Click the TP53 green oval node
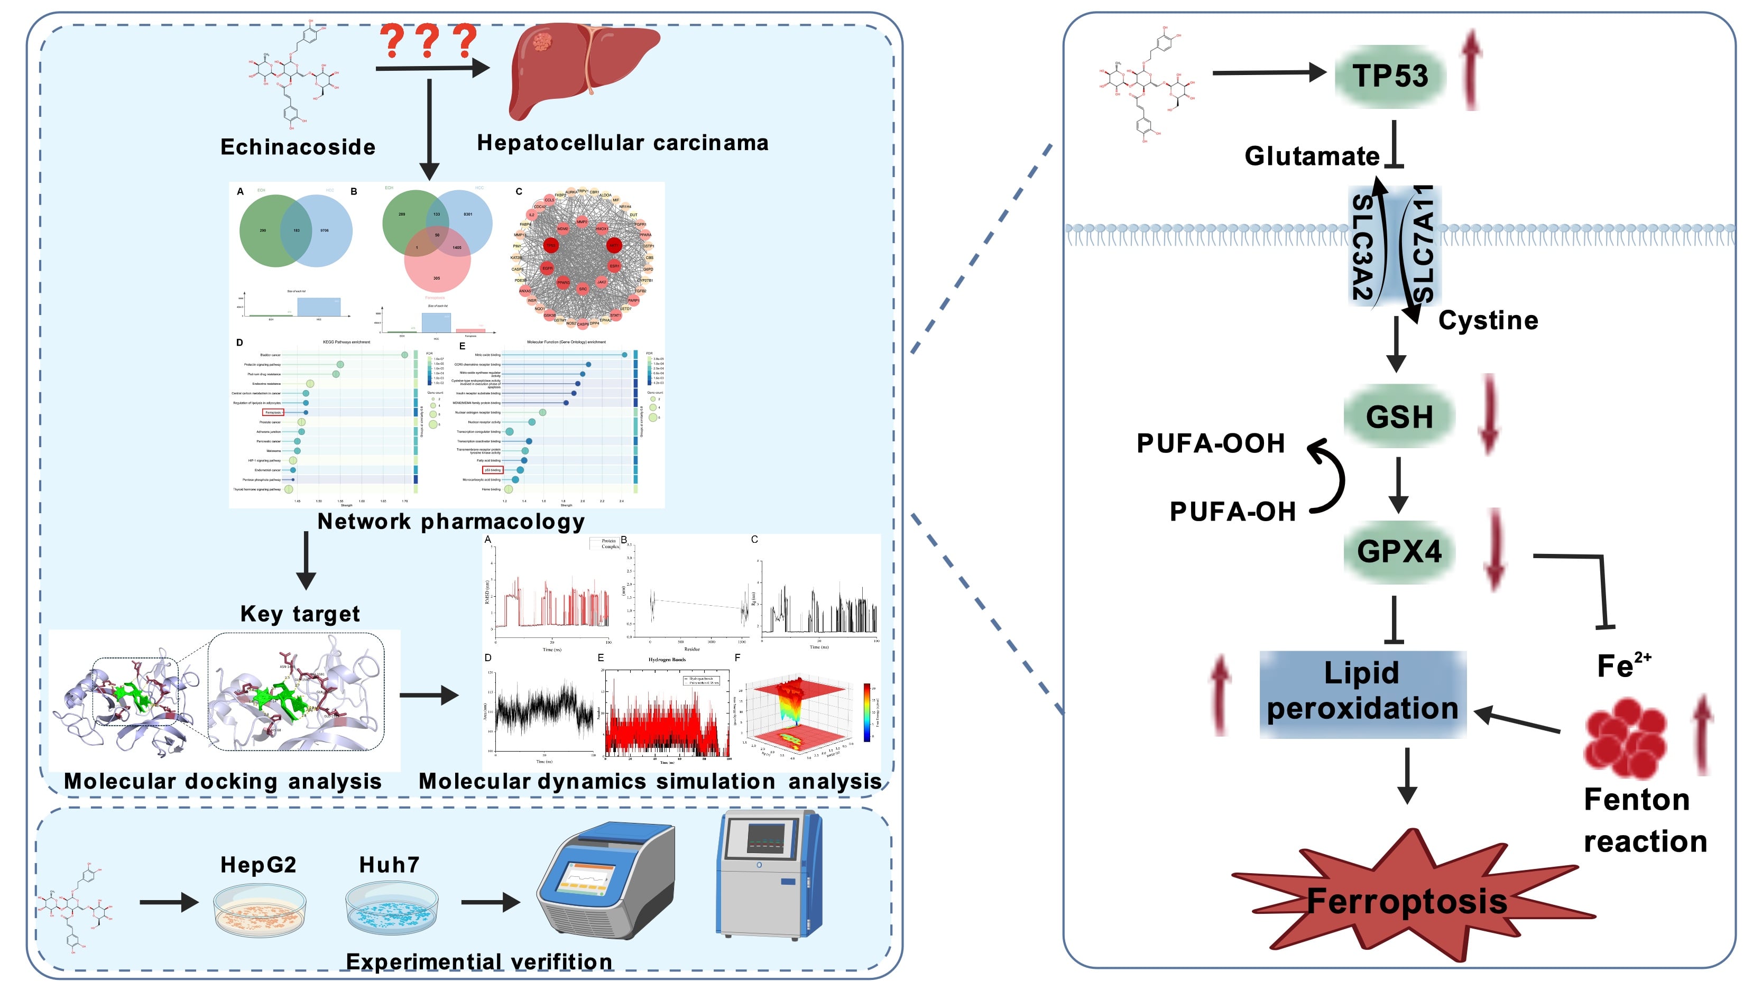pyautogui.click(x=1390, y=76)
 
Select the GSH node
pyautogui.click(x=1399, y=416)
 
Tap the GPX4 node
pyautogui.click(x=1399, y=551)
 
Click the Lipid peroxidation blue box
pyautogui.click(x=1362, y=692)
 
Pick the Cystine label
pyautogui.click(x=1488, y=320)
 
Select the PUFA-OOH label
pyautogui.click(x=1211, y=443)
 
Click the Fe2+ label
pyautogui.click(x=1623, y=665)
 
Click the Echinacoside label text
pyautogui.click(x=298, y=147)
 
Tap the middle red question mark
pyautogui.click(x=428, y=41)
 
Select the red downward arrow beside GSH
pyautogui.click(x=1488, y=414)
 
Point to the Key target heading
pyautogui.click(x=300, y=614)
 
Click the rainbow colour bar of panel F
pyautogui.click(x=866, y=712)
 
